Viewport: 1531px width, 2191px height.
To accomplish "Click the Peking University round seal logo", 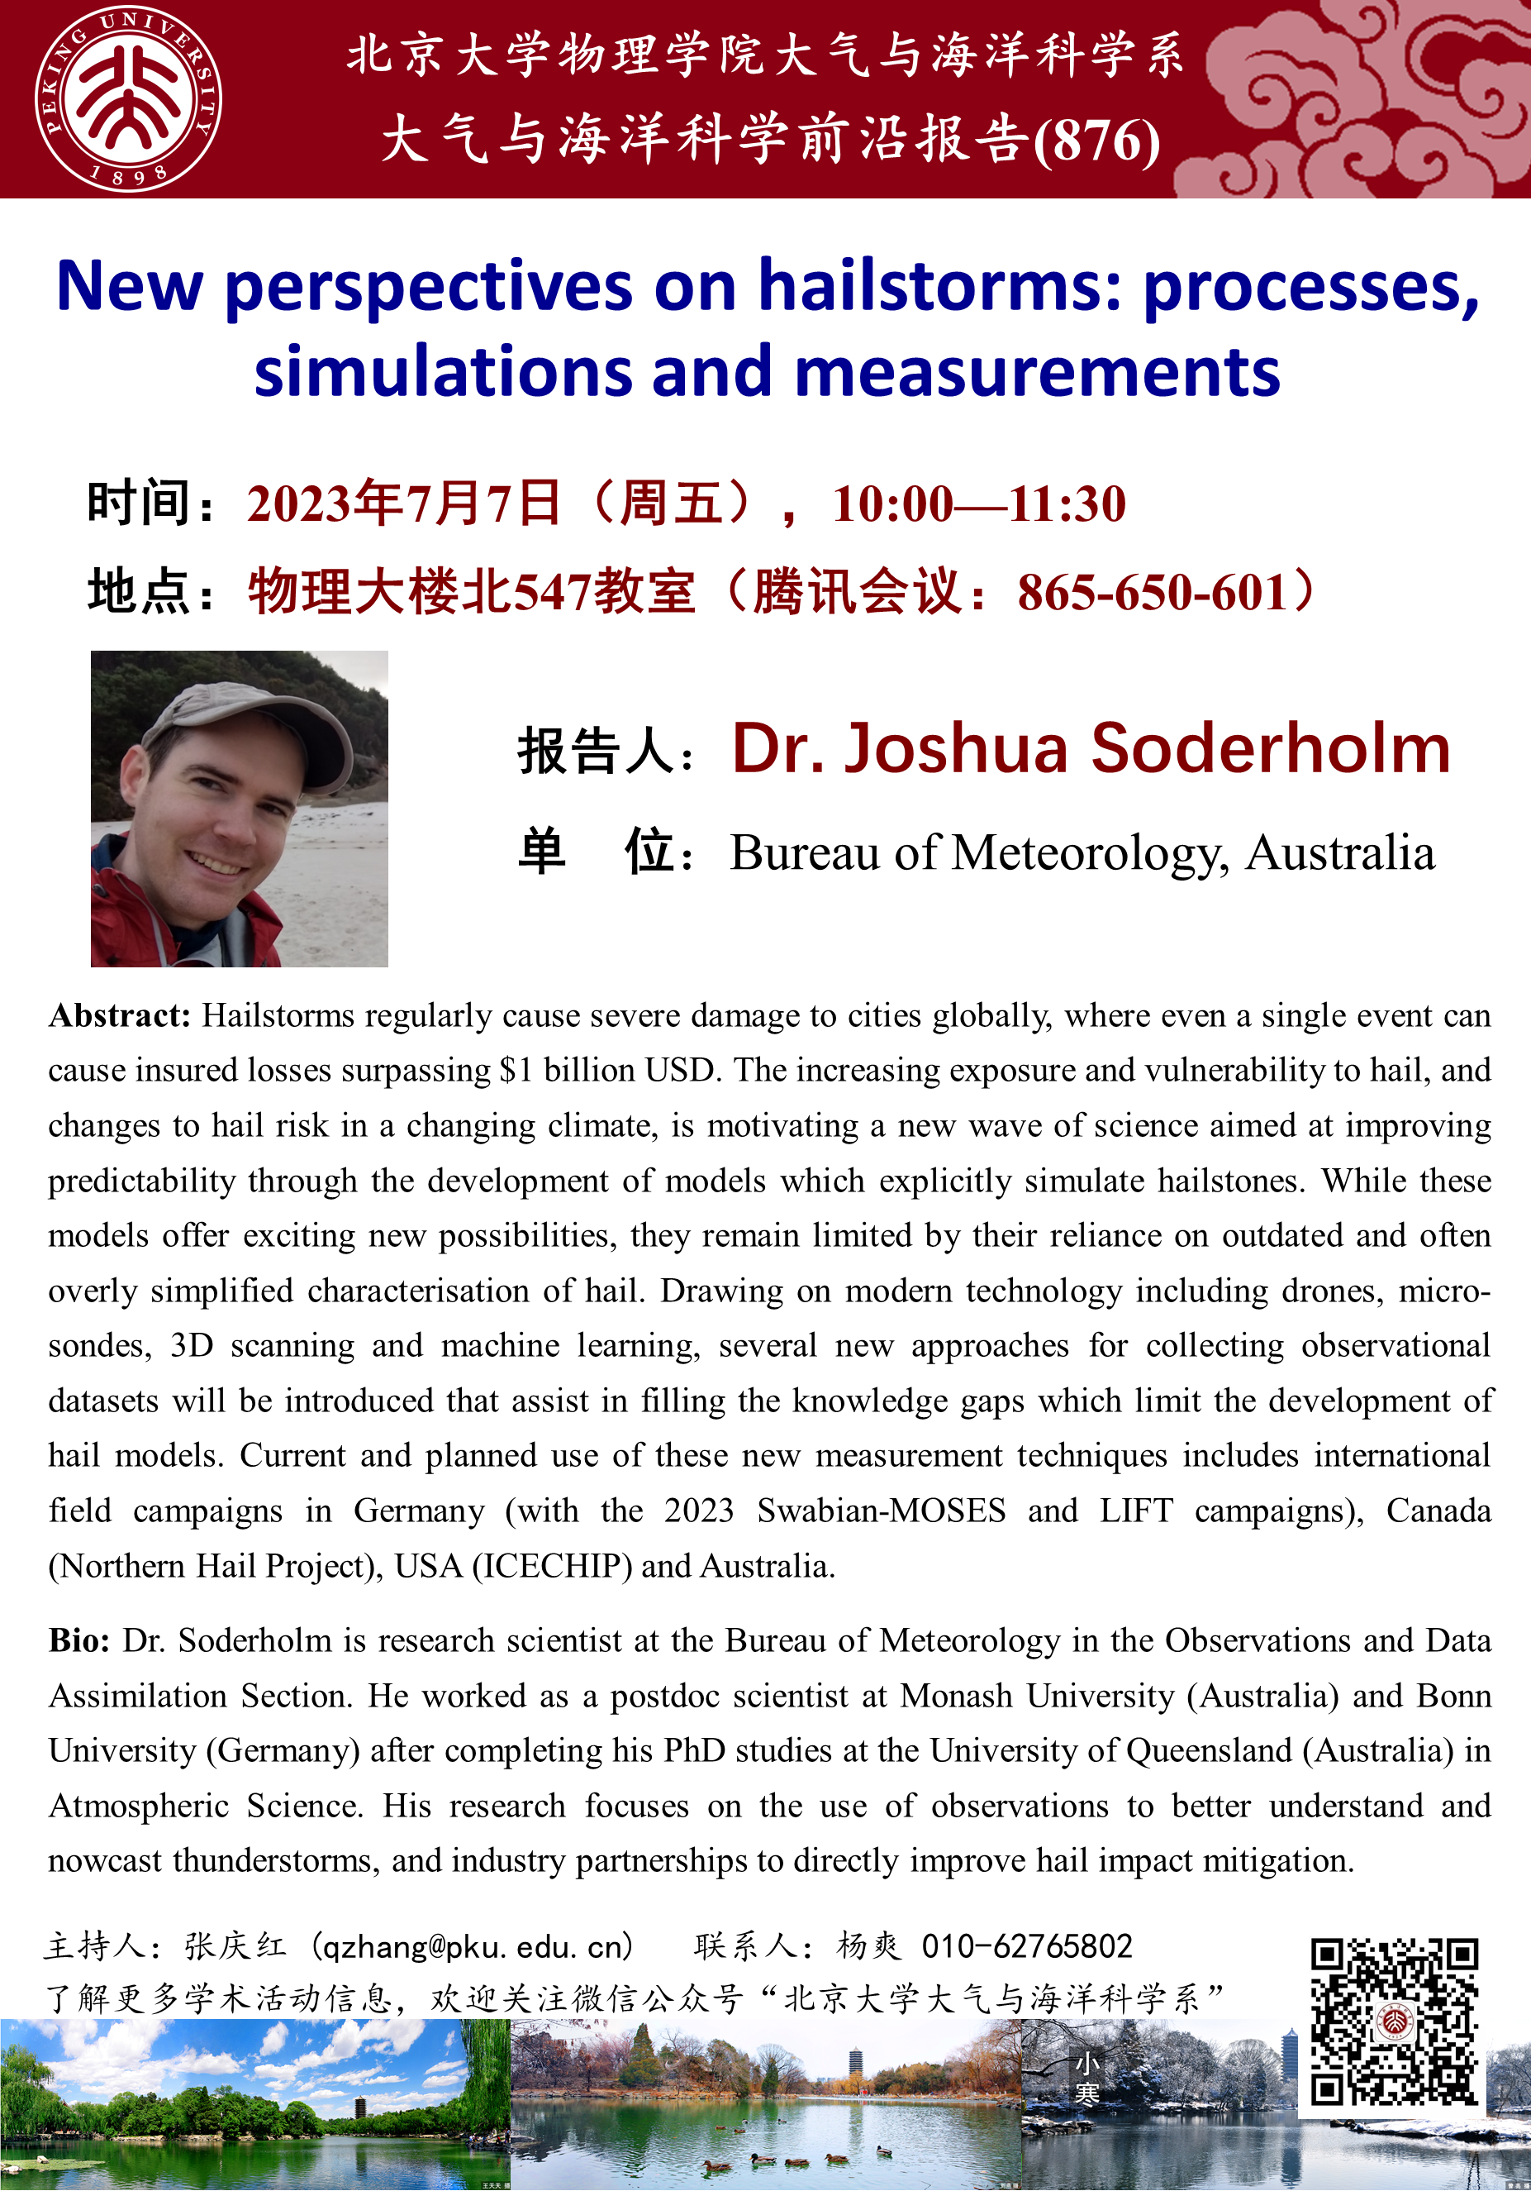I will (128, 98).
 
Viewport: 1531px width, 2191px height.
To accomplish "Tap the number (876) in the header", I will (1096, 141).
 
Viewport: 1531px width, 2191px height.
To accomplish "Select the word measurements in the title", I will (1037, 371).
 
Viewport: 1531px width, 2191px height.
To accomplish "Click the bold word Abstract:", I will (120, 1016).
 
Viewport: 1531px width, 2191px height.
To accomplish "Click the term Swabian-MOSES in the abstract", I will (882, 1511).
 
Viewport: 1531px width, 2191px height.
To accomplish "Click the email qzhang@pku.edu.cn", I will (474, 1945).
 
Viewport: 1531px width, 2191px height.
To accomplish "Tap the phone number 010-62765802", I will (1026, 1945).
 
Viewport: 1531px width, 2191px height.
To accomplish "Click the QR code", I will (1394, 2022).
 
